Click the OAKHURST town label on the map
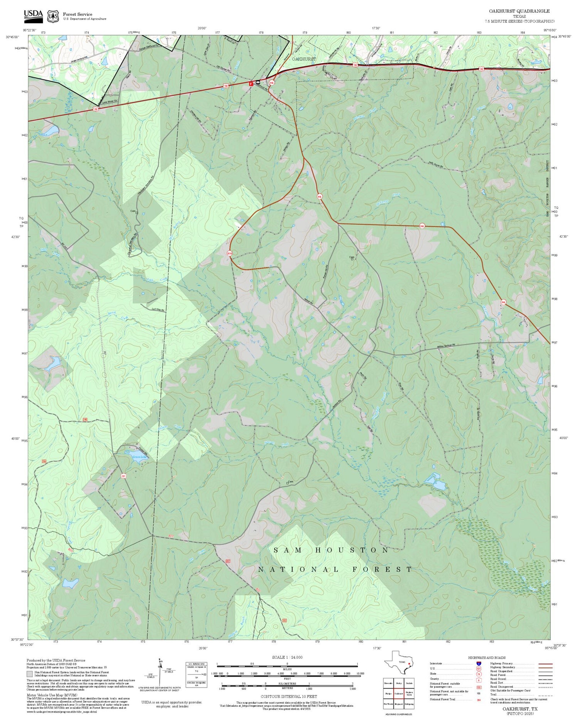[x=304, y=59]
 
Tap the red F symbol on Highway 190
[x=251, y=83]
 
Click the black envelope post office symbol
[x=258, y=83]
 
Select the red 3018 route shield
[x=230, y=253]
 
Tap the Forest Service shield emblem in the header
[x=53, y=16]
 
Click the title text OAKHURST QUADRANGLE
[x=519, y=11]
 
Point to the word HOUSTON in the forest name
[x=352, y=550]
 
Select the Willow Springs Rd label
[x=446, y=346]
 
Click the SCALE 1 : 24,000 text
[x=287, y=657]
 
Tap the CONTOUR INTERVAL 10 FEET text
[x=289, y=696]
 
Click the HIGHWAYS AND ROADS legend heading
[x=487, y=657]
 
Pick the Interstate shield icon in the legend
[x=479, y=664]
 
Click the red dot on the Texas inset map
[x=409, y=664]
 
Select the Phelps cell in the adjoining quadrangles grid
[x=388, y=693]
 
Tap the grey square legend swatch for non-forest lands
[x=30, y=674]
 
